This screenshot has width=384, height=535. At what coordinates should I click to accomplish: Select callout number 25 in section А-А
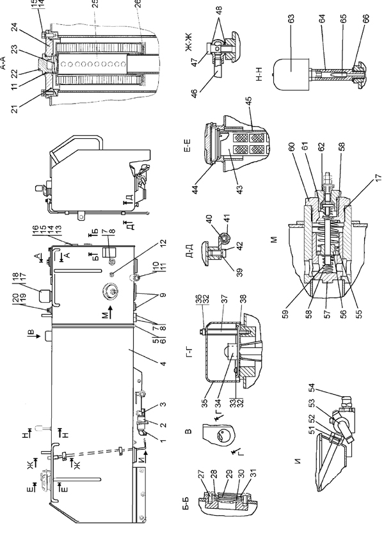tap(95, 3)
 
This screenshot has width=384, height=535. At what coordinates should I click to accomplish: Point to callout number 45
tap(248, 102)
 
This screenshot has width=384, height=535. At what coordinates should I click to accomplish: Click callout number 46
tap(195, 93)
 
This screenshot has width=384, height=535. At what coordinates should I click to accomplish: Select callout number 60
tap(291, 147)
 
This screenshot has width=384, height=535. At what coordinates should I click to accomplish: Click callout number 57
tap(326, 314)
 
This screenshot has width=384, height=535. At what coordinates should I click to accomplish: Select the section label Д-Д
tap(190, 251)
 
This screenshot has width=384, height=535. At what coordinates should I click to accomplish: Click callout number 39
tap(239, 272)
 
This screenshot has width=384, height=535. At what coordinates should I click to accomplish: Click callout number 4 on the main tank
tap(163, 363)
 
